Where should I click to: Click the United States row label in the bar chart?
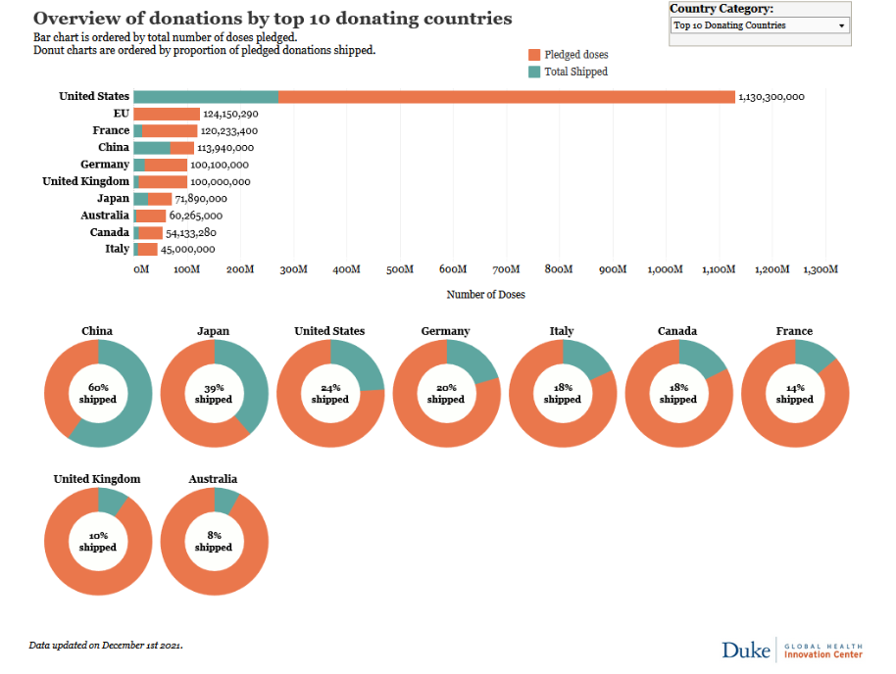click(94, 96)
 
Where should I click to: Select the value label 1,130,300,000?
click(772, 97)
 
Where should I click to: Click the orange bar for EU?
click(167, 114)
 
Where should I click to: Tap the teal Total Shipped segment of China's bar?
click(151, 148)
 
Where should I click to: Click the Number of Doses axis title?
click(485, 294)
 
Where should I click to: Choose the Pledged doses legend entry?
click(575, 55)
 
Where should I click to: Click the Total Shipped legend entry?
click(575, 72)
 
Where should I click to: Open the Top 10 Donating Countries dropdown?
click(760, 25)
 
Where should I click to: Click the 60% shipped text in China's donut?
click(98, 394)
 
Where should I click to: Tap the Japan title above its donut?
click(214, 331)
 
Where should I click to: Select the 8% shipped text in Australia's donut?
click(214, 542)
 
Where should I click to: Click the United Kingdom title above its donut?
click(97, 479)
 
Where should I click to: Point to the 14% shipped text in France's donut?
click(794, 394)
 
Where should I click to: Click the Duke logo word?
click(746, 650)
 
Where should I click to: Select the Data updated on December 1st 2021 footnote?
click(106, 646)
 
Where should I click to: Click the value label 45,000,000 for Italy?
click(188, 250)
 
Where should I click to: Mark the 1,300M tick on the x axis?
click(821, 269)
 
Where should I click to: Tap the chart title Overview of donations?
click(273, 19)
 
